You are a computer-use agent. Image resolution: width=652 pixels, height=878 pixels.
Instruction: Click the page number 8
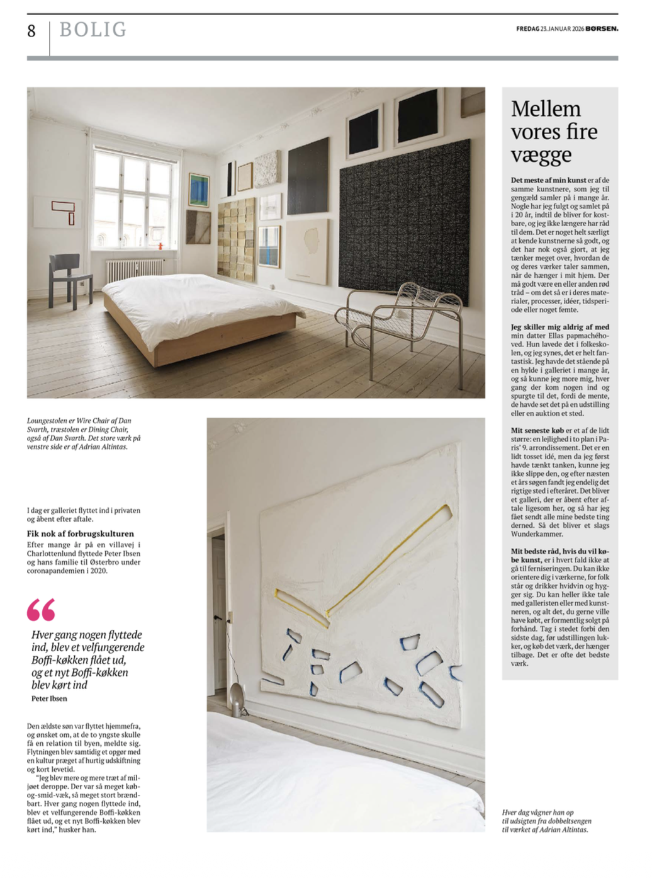tap(31, 31)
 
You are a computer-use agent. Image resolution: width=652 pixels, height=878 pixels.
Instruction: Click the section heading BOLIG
tap(93, 30)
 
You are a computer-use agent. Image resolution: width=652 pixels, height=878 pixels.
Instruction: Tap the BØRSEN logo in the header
tap(602, 28)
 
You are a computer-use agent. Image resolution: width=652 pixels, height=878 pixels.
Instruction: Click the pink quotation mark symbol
tap(41, 610)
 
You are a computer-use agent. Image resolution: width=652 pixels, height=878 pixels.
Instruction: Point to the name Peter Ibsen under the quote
tap(49, 698)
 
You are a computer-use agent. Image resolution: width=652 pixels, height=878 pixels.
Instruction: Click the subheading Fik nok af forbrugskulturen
tap(80, 533)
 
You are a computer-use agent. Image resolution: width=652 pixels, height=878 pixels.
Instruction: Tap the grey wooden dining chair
tap(69, 277)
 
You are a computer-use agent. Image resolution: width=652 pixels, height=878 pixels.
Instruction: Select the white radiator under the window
tap(133, 270)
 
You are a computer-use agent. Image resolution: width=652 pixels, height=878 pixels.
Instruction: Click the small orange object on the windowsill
tap(160, 245)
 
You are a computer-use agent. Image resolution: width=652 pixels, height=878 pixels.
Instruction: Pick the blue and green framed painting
tap(199, 190)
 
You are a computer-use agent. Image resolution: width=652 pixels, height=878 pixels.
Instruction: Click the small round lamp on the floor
tap(236, 693)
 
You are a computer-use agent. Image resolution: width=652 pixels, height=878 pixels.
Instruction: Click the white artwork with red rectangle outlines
tap(57, 212)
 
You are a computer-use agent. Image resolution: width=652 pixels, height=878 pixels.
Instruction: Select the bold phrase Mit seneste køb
tap(537, 430)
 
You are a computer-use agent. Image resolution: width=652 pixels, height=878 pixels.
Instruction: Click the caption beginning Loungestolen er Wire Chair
tap(84, 433)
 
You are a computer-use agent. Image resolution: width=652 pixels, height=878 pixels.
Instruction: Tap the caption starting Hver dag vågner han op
tap(546, 821)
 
